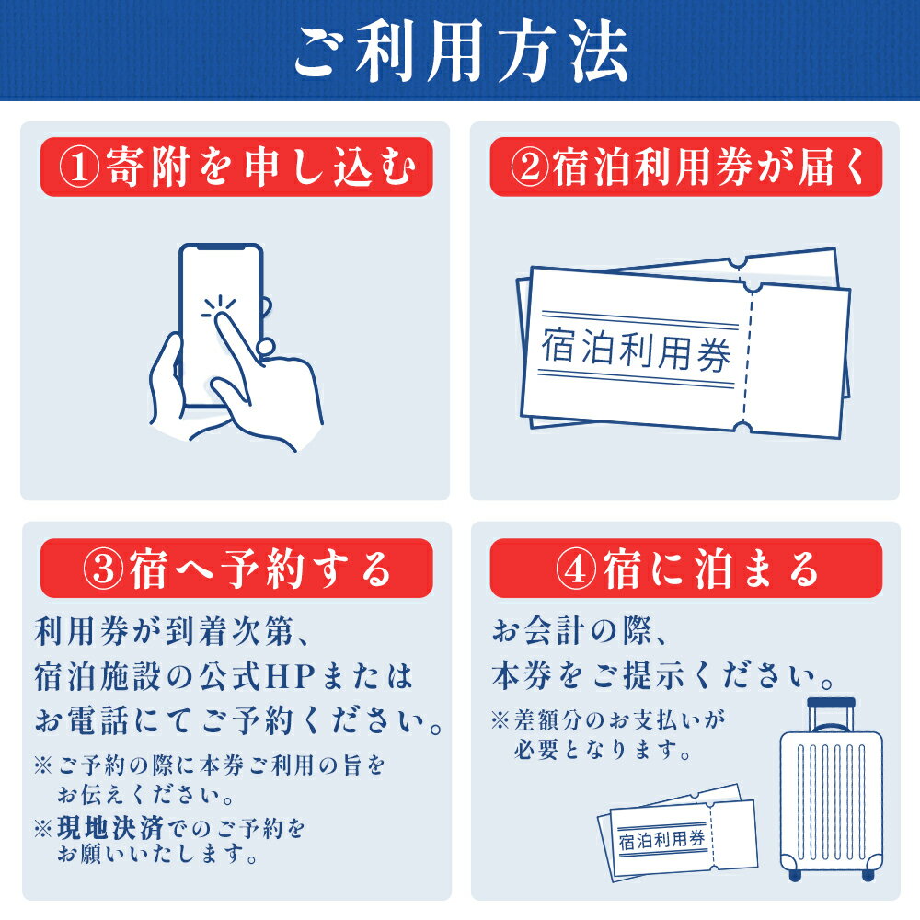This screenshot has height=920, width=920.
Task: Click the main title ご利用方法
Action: (461, 52)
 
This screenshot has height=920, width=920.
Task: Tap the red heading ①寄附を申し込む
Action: (236, 167)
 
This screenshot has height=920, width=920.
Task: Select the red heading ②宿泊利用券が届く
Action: (686, 167)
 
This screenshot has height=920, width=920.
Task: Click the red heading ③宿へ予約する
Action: (236, 568)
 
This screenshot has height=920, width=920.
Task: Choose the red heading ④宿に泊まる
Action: (686, 568)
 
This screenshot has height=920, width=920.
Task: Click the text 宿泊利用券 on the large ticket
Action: (636, 351)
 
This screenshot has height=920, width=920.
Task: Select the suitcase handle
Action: (831, 714)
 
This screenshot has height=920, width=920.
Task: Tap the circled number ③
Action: (104, 569)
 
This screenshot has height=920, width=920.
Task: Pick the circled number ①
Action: (79, 167)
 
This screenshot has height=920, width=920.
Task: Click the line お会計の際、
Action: (580, 632)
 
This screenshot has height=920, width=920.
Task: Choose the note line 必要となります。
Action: (602, 749)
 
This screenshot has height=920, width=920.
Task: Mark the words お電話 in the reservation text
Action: (82, 720)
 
